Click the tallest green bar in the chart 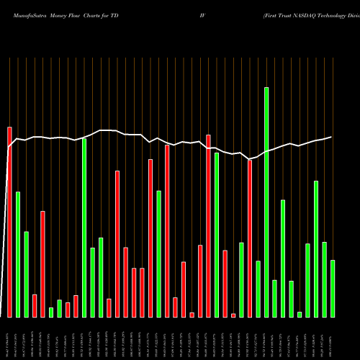[x=266, y=202]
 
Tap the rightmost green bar [x=333, y=288]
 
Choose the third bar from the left [x=26, y=274]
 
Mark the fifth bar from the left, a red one [x=42, y=264]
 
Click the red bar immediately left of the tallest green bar [x=250, y=238]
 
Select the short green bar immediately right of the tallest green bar [x=274, y=298]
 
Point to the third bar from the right [x=316, y=248]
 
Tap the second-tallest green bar [x=84, y=228]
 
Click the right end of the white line [x=331, y=137]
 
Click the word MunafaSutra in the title [x=22, y=14]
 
